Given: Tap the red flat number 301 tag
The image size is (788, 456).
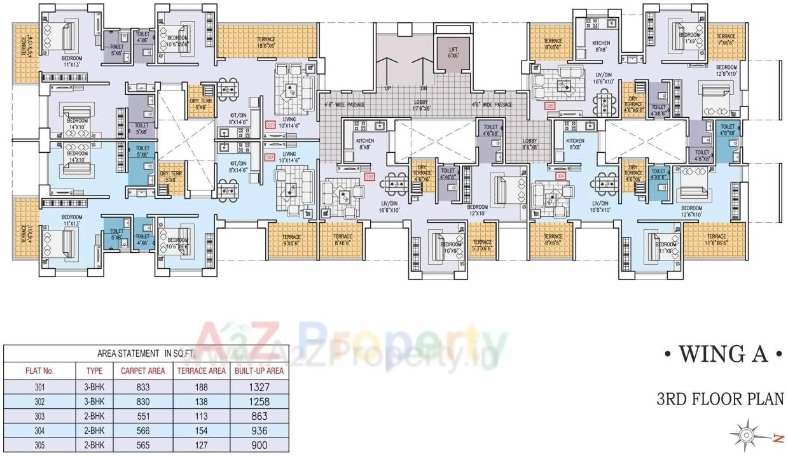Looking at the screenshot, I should (x=270, y=125).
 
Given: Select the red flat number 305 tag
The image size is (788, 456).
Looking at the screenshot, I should (x=550, y=106).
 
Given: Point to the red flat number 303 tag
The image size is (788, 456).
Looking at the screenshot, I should (x=370, y=176).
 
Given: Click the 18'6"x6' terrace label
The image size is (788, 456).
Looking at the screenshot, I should (x=266, y=42).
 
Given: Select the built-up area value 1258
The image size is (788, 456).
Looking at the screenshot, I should (x=257, y=402).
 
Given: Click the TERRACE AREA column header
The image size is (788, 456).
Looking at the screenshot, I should (x=200, y=370).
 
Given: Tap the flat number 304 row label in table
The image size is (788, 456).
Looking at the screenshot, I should (x=39, y=430).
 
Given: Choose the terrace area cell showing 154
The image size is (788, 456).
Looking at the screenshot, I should (x=200, y=430).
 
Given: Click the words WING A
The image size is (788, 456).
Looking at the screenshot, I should (x=721, y=355).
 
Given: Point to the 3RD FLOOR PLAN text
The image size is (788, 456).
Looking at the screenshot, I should (x=721, y=399).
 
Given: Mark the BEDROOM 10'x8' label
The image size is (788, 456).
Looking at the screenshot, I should (x=451, y=247).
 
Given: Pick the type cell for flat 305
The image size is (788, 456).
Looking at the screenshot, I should (x=93, y=445).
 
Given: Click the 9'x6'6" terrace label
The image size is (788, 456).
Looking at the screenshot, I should (x=292, y=239).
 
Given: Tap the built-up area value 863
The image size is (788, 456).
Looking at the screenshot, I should (x=257, y=416).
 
